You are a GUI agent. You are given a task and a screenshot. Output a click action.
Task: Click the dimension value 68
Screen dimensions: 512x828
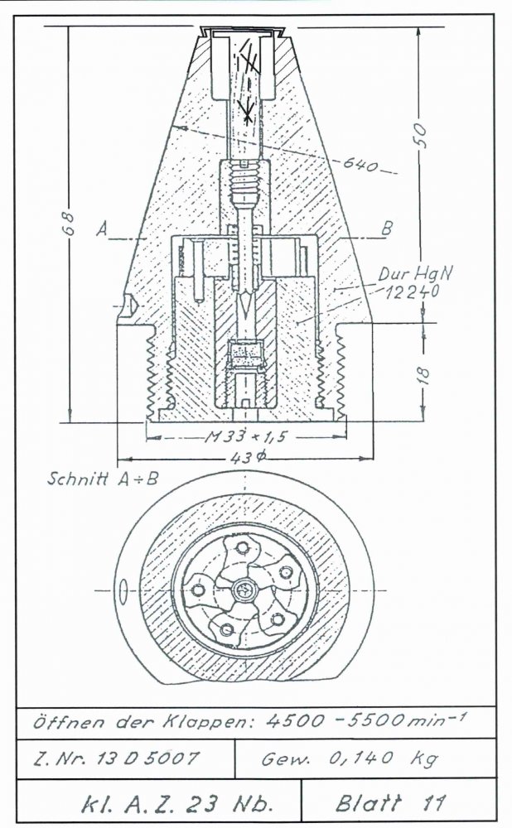(70, 224)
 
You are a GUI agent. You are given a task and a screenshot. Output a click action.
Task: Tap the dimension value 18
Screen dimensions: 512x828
(424, 375)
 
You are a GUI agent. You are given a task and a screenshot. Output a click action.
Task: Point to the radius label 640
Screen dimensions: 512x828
(361, 164)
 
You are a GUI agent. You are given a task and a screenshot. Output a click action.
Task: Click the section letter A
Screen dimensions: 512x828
(103, 229)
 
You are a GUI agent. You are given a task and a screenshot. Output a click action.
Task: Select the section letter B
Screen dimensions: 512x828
(387, 229)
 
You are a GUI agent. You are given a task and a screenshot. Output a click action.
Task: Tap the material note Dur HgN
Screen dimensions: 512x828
(415, 273)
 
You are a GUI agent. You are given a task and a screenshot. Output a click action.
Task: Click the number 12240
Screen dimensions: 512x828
(412, 291)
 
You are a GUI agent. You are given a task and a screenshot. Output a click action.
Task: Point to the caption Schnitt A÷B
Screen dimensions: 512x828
(103, 479)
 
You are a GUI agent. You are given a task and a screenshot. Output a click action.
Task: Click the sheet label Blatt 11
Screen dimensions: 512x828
(390, 803)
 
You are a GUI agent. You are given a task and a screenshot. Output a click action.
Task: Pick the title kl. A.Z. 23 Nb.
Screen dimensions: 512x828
(177, 804)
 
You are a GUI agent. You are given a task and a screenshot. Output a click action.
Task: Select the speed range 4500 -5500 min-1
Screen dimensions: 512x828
(365, 720)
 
